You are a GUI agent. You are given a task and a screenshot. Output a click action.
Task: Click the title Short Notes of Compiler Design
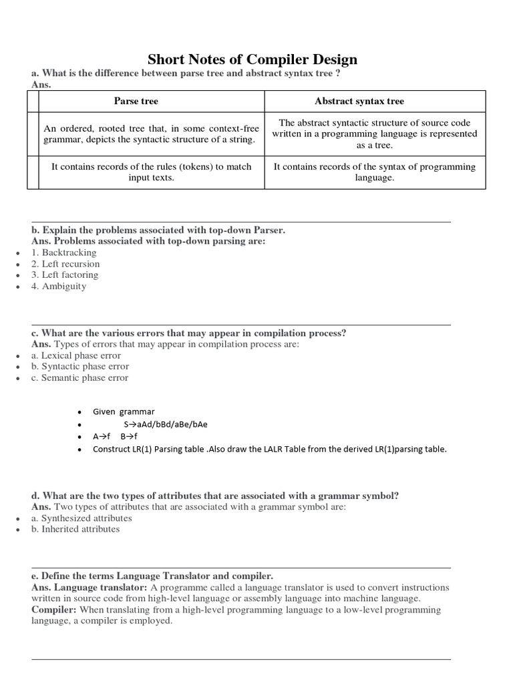252,59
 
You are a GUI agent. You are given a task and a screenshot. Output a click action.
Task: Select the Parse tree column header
136,101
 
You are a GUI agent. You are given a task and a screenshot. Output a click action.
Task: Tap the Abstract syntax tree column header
359,101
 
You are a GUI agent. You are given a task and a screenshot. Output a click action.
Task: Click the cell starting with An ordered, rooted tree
149,134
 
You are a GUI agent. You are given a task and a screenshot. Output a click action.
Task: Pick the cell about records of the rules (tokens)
152,172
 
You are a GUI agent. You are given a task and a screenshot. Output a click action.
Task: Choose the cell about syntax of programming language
375,172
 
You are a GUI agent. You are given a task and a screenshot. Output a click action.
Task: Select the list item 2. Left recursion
65,264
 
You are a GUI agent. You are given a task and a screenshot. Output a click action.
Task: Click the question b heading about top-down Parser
158,230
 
